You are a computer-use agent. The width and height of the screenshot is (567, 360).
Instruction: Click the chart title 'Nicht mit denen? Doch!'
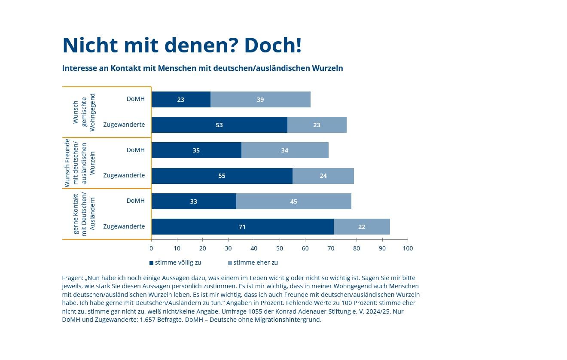pyautogui.click(x=182, y=45)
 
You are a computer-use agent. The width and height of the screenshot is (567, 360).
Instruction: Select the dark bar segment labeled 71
pyautogui.click(x=242, y=226)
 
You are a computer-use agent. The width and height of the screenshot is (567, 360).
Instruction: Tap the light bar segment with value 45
pyautogui.click(x=293, y=201)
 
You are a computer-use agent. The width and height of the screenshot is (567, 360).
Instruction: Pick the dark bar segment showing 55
pyautogui.click(x=222, y=176)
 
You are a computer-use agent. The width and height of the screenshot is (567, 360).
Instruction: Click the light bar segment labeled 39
pyautogui.click(x=260, y=99)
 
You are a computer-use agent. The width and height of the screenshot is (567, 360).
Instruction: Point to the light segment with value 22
pyautogui.click(x=362, y=226)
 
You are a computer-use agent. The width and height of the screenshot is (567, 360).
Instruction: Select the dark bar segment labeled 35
pyautogui.click(x=196, y=150)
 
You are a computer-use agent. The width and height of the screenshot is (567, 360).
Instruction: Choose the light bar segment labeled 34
pyautogui.click(x=285, y=150)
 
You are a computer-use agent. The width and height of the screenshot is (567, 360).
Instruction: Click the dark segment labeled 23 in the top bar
pyautogui.click(x=181, y=99)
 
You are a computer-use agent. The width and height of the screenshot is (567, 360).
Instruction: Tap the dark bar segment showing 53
pyautogui.click(x=219, y=125)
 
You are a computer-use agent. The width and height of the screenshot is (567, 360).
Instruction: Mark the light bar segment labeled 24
pyautogui.click(x=323, y=176)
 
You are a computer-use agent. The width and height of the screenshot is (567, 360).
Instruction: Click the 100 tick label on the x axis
pyautogui.click(x=408, y=248)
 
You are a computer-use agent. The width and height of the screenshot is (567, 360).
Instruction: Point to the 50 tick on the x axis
pyautogui.click(x=280, y=248)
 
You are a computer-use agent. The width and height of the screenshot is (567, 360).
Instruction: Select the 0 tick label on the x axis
pyautogui.click(x=151, y=248)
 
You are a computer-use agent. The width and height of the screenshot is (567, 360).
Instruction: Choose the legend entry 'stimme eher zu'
pyautogui.click(x=253, y=262)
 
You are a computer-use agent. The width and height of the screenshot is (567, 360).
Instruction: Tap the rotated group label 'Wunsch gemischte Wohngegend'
pyautogui.click(x=84, y=112)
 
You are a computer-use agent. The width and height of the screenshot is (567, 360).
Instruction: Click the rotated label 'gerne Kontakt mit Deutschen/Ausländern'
pyautogui.click(x=84, y=214)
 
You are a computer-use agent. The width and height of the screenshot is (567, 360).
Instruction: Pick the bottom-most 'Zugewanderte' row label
pyautogui.click(x=124, y=226)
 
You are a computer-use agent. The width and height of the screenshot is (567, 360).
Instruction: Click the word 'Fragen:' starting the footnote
pyautogui.click(x=73, y=278)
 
